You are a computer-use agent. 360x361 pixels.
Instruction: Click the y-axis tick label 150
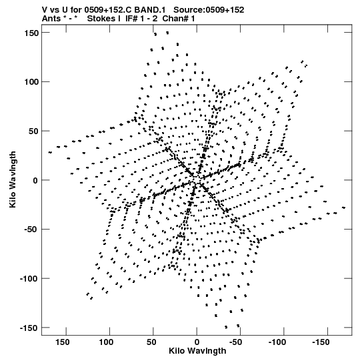point(31,33)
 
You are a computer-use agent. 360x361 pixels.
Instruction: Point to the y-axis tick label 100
point(31,82)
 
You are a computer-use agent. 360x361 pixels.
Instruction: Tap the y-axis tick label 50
point(34,131)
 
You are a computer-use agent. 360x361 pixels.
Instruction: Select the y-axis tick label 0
point(36,180)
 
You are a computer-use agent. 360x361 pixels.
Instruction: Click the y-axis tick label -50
point(31,230)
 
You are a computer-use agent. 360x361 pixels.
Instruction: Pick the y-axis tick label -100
point(29,279)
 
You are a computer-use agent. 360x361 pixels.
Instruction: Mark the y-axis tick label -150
point(29,328)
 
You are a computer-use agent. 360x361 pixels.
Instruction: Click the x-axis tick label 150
point(63,342)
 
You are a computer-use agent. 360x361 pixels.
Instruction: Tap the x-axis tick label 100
point(106,342)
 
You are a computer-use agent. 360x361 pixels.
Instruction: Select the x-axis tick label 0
point(197,342)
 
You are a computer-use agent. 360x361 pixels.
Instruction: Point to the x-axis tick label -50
point(235,342)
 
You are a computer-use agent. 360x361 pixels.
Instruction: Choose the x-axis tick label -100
point(277,342)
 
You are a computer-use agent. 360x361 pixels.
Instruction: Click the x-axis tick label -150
point(321,342)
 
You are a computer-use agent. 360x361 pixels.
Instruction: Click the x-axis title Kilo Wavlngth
point(197,351)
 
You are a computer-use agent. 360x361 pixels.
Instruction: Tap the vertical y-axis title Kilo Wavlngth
point(13,179)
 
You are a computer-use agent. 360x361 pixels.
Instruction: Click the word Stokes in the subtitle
point(101,19)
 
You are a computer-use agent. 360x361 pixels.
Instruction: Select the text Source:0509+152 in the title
point(209,10)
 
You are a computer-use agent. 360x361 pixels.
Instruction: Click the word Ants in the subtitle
point(51,19)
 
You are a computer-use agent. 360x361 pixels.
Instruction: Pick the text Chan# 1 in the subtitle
point(179,19)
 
